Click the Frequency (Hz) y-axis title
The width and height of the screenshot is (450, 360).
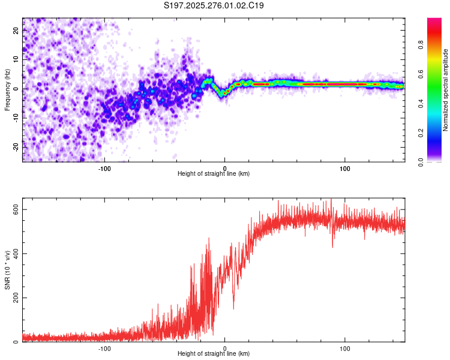tap(7, 90)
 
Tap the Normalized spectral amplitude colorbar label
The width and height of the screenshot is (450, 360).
tap(446, 90)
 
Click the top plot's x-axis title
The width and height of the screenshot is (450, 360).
tap(214, 173)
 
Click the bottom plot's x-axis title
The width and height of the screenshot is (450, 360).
tap(214, 353)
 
